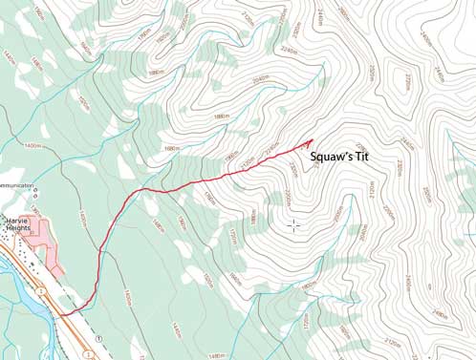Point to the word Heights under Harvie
pyautogui.click(x=16, y=228)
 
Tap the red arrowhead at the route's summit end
pyautogui.click(x=310, y=144)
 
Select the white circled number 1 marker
pyautogui.click(x=99, y=340)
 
